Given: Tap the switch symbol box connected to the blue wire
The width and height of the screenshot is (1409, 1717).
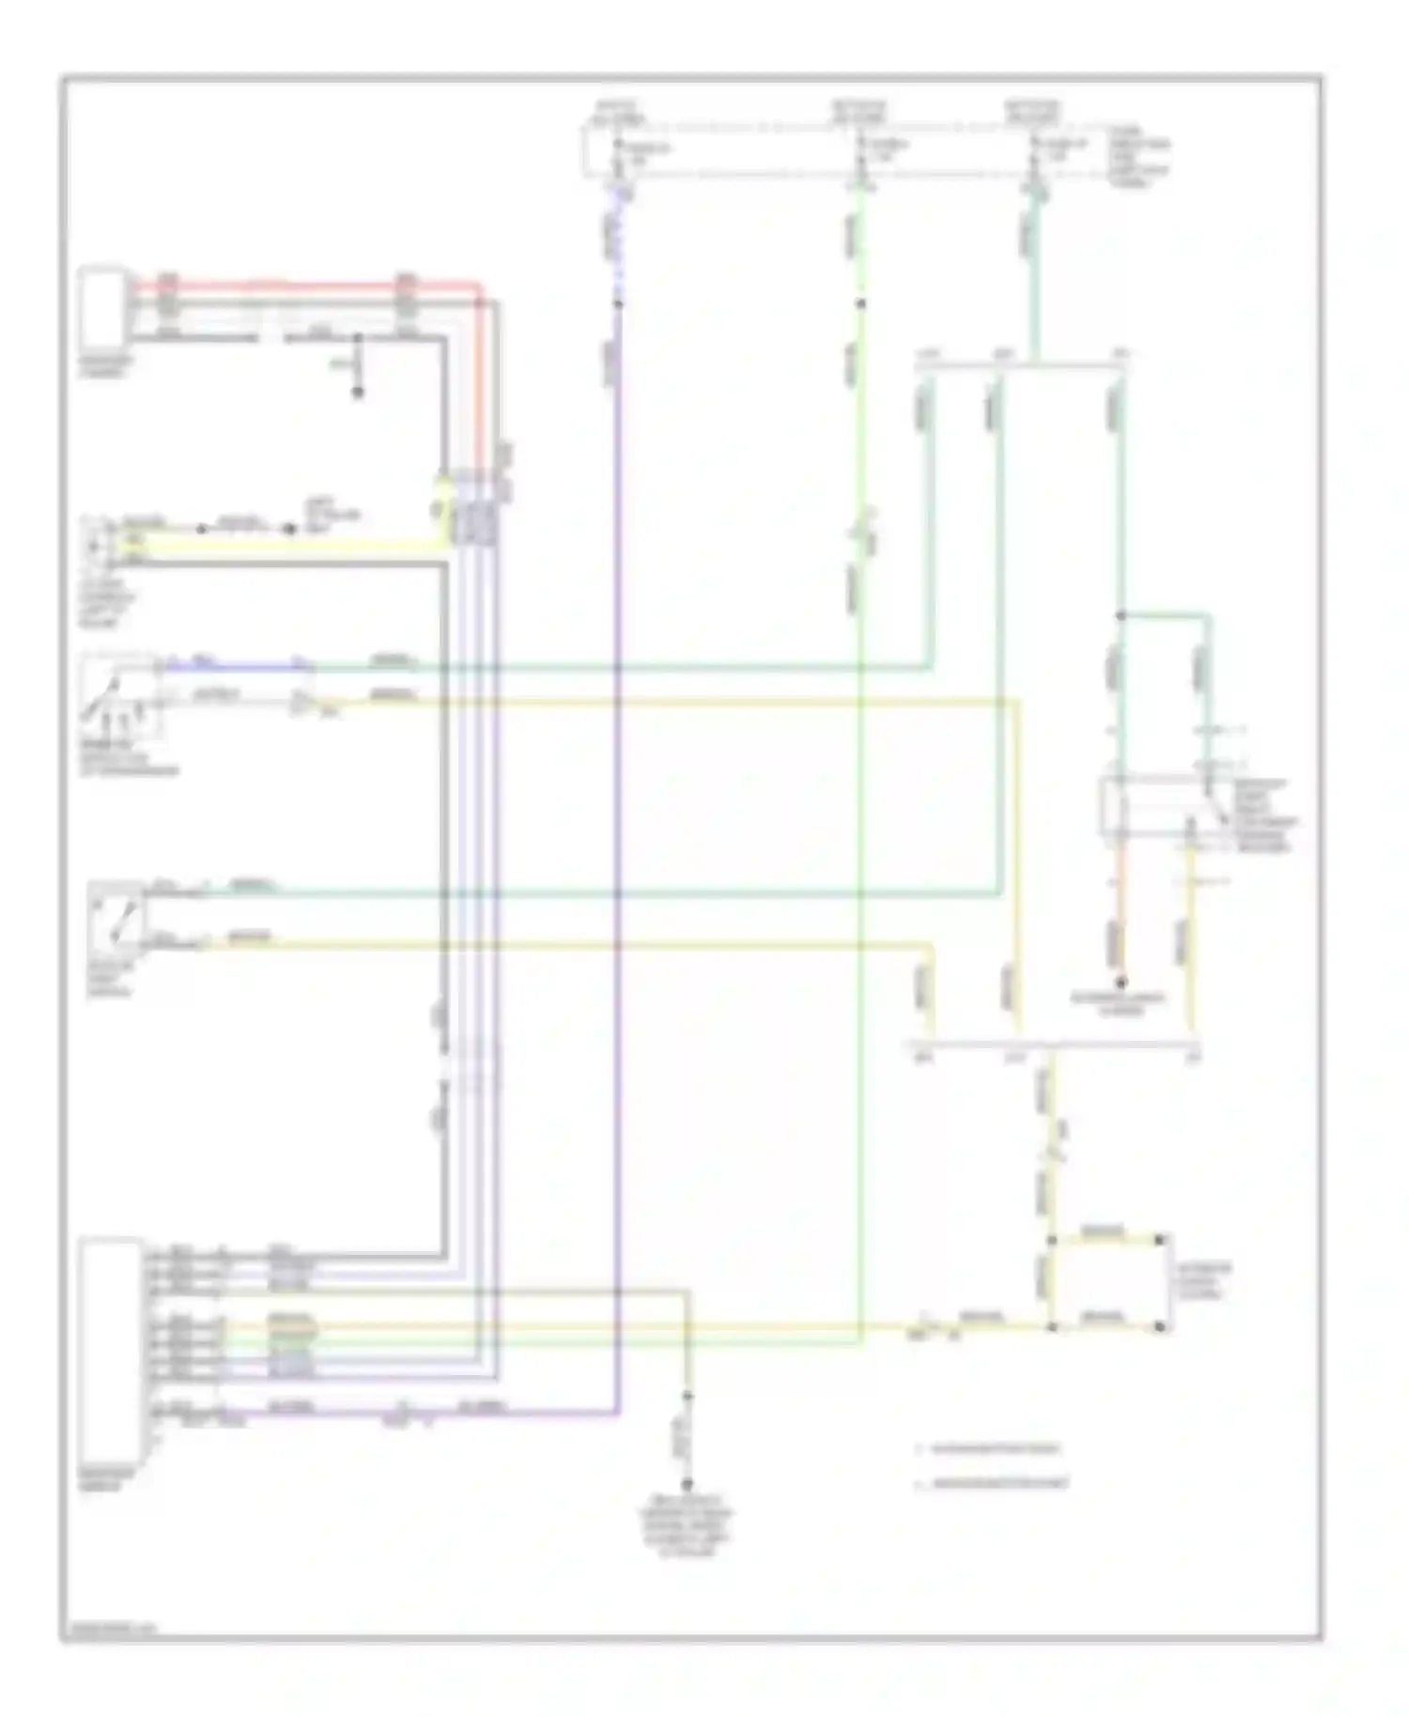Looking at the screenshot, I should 119,695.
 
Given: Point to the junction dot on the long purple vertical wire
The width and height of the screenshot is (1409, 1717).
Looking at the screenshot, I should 617,303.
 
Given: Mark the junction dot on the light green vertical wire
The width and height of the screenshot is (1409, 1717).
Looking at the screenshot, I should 859,303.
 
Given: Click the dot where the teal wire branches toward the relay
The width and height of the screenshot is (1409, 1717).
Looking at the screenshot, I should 1120,616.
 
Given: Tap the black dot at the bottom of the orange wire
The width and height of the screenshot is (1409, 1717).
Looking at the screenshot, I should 1121,982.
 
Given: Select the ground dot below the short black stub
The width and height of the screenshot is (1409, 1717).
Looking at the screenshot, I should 357,393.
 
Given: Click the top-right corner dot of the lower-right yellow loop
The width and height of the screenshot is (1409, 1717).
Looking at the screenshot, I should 1160,1240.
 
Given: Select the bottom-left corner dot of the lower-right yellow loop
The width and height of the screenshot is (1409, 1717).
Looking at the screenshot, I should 1052,1326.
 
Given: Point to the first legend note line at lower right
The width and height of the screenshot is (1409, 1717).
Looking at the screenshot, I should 991,1449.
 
